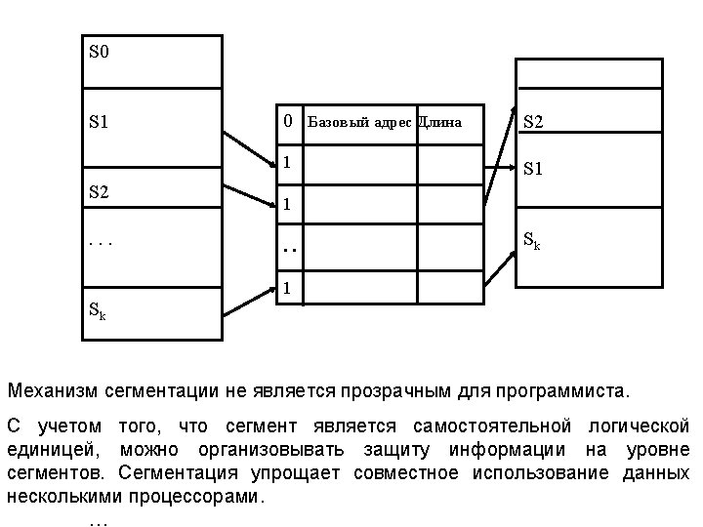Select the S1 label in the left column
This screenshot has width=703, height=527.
(99, 123)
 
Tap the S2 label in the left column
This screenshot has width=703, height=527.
(99, 191)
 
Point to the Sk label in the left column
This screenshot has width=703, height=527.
(98, 312)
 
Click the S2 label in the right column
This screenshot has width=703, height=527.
(533, 123)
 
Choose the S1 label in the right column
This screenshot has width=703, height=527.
(533, 169)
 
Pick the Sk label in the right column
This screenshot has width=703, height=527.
(532, 239)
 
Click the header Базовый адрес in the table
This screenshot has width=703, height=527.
(359, 123)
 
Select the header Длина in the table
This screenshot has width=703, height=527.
(440, 123)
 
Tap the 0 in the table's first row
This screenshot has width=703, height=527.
(288, 122)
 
